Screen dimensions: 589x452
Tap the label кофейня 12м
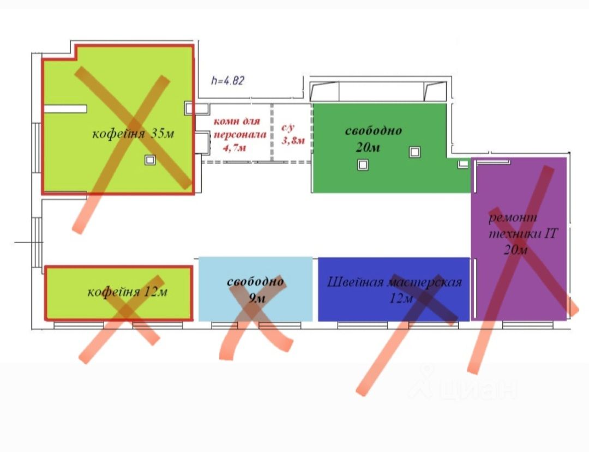coord(127,292)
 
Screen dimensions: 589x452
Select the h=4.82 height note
coord(227,81)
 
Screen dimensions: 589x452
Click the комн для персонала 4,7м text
coord(237,134)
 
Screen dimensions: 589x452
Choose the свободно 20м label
coord(374,139)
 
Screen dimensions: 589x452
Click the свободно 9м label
coord(255,290)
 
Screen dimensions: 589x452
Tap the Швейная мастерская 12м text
coord(394,290)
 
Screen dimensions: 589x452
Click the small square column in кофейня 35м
coord(149,160)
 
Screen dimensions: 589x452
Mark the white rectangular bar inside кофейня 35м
coord(65,109)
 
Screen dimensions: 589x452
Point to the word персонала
coord(240,134)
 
